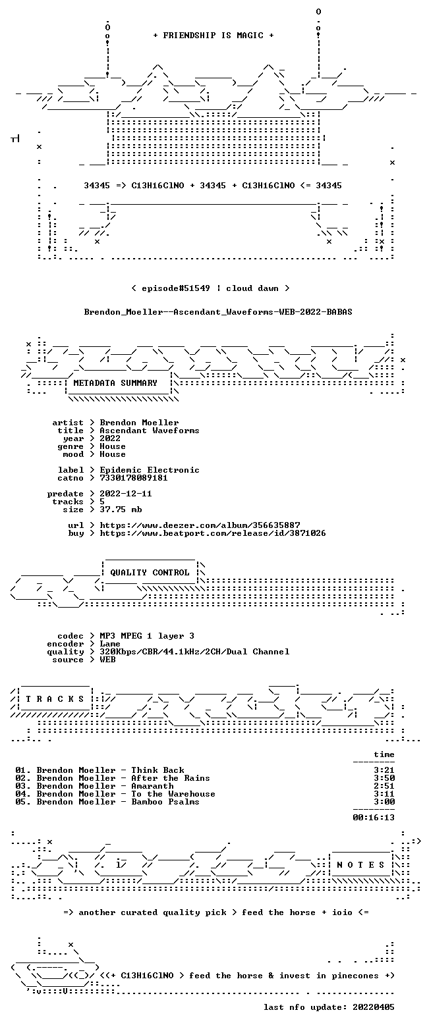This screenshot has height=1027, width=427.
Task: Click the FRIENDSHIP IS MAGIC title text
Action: point(213,36)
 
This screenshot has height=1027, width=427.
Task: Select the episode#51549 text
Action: point(176,288)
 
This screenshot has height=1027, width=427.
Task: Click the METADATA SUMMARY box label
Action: point(115,383)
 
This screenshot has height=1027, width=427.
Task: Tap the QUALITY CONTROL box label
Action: point(150,572)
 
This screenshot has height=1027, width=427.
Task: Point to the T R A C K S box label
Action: point(55,698)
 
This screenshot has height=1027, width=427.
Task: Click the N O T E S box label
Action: point(360,864)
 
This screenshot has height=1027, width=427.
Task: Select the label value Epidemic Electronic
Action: point(150,470)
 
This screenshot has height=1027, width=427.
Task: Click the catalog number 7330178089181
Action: point(134,478)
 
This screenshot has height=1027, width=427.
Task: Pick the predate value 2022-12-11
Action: point(126,493)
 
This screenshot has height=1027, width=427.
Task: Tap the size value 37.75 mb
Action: point(121,510)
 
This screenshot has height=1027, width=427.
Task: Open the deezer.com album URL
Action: point(200,525)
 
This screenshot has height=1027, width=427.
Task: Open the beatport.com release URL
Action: point(213,533)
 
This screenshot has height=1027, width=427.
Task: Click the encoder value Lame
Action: point(110,644)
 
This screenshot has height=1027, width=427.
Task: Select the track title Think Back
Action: point(157,770)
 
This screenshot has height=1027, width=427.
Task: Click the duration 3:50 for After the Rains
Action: point(384,778)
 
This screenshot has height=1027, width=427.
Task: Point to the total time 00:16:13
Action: point(374,817)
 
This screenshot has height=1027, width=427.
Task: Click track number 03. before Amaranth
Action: point(23,786)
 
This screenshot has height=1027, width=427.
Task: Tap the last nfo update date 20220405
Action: point(374,1007)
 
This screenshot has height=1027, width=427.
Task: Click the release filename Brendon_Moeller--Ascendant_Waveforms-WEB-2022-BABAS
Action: point(218,312)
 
